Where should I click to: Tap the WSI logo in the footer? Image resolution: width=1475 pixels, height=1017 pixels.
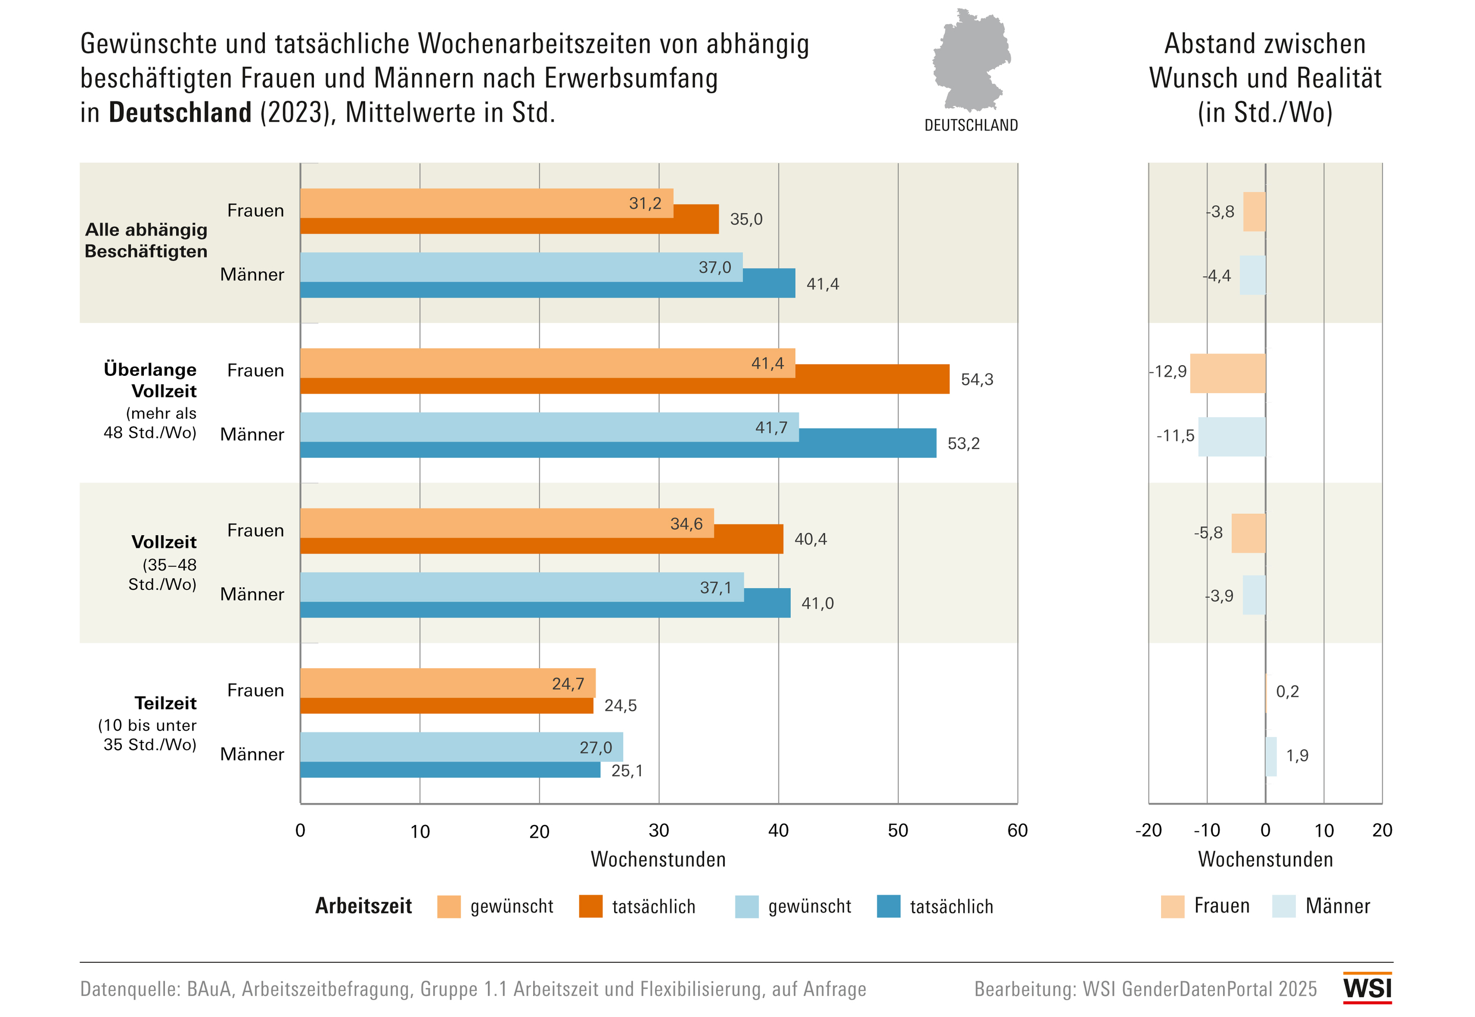coord(1367,988)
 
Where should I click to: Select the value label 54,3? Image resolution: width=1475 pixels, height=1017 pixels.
coord(977,380)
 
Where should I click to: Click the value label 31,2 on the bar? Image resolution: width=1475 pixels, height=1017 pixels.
coord(645,203)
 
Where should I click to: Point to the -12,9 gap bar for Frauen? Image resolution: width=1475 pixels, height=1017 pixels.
coord(1227,373)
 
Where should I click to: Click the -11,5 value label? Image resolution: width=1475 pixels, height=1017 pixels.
coord(1175,436)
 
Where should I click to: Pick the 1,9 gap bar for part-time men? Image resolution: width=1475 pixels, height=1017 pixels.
coord(1271,756)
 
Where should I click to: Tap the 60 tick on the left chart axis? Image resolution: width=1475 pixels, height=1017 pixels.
coord(1017,830)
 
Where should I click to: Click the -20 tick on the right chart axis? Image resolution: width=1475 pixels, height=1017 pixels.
coord(1148,830)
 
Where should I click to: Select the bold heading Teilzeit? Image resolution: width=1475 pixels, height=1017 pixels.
coord(165,703)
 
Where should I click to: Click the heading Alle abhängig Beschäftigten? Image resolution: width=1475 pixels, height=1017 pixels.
coord(146,240)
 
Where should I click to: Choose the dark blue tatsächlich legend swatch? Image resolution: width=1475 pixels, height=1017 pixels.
coord(888,906)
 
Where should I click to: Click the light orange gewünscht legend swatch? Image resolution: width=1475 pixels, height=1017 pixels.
coord(449,906)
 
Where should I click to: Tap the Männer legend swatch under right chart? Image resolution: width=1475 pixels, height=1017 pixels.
coord(1283,906)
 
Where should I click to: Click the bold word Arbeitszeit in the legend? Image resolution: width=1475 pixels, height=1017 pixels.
coord(363,906)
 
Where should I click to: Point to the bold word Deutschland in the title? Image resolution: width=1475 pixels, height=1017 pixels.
coord(180,113)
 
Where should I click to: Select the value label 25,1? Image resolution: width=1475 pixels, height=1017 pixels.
coord(627,771)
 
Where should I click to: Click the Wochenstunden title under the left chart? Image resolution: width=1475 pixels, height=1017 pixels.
coord(658,859)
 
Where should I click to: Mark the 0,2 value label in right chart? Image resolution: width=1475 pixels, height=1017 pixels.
coord(1287,691)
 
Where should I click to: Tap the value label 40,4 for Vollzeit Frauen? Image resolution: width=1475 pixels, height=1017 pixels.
coord(810,540)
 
